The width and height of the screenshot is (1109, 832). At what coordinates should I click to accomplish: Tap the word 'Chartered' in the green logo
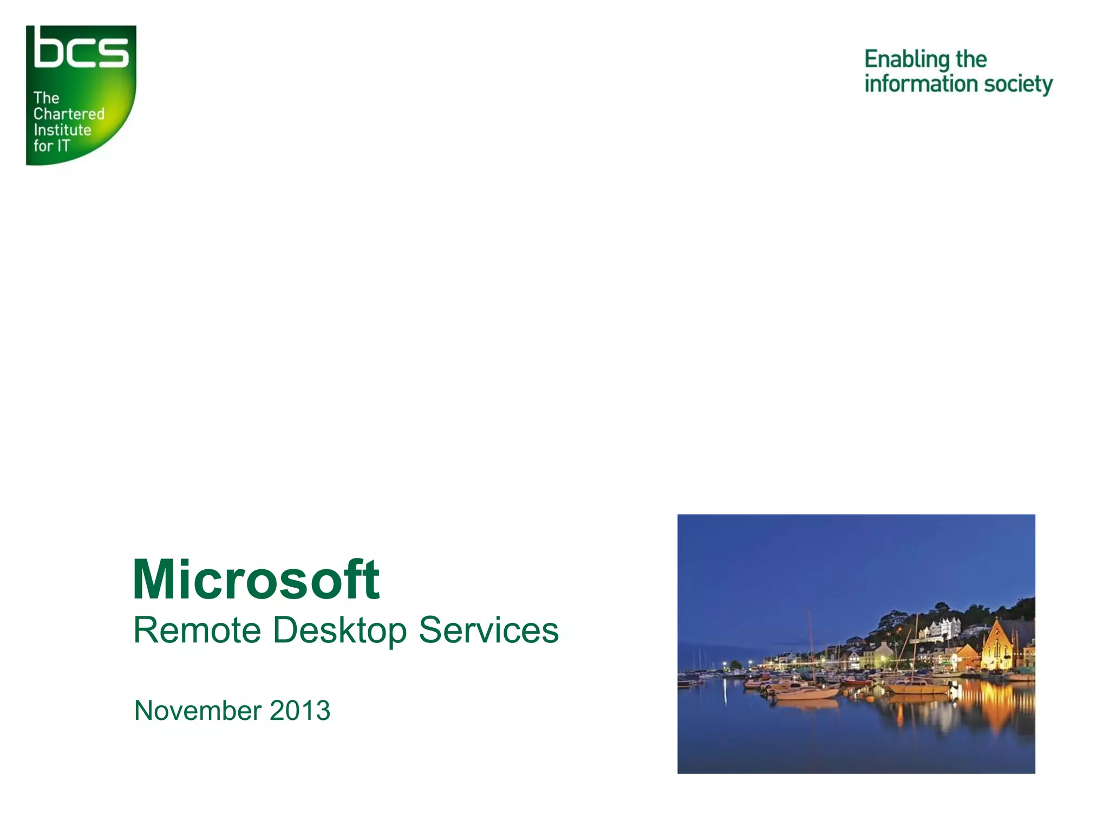coord(69,114)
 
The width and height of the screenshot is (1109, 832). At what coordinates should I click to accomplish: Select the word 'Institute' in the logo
coord(62,130)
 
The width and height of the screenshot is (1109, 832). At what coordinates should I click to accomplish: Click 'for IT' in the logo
coord(52,146)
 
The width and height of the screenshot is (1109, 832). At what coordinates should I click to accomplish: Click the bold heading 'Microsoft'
coord(256,580)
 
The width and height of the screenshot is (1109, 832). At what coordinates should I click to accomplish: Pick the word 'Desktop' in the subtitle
coord(339,631)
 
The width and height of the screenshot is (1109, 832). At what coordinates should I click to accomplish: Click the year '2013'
coord(300,711)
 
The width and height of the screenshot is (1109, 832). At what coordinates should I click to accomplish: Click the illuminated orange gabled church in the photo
coord(997,647)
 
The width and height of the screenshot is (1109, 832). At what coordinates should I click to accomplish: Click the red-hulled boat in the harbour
coord(856,682)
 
